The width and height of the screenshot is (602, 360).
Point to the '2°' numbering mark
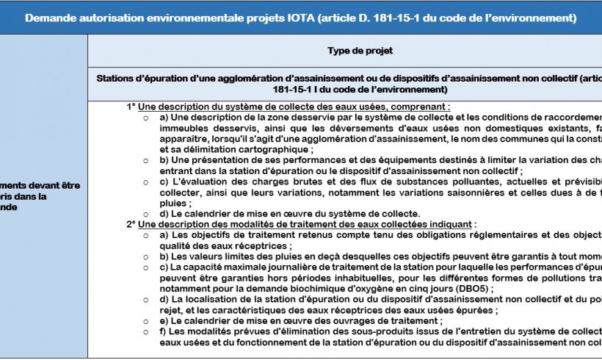(x=131, y=223)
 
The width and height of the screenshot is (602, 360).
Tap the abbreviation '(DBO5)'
(x=475, y=289)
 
